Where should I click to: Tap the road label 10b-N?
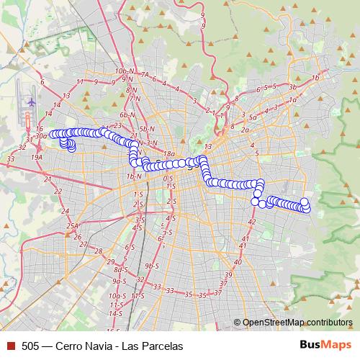point(124,72)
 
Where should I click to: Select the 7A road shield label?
point(145,74)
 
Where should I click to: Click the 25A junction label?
point(73,225)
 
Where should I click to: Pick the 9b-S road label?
point(151,266)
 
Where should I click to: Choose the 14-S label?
point(115,314)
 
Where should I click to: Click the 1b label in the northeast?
point(315,78)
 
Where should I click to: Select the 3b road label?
point(292,86)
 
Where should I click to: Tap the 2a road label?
point(245,130)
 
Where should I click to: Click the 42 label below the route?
point(251,222)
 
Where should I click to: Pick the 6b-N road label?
point(127,114)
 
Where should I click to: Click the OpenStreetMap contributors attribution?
point(297,323)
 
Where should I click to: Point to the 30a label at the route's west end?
point(40,135)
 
